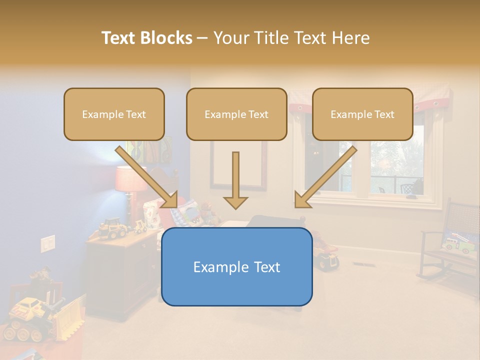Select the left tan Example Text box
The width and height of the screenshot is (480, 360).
[x=114, y=114]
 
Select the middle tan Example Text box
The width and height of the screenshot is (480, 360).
[x=236, y=114]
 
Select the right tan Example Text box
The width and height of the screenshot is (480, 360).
[x=362, y=114]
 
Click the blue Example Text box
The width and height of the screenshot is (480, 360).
[x=236, y=266]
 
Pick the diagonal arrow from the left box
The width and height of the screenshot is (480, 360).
[x=147, y=177]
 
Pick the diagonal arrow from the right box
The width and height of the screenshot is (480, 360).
[x=325, y=177]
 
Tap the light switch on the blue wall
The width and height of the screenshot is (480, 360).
[x=47, y=243]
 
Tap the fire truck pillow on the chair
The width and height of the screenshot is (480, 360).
[x=457, y=242]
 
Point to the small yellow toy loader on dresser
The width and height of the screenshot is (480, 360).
[x=112, y=227]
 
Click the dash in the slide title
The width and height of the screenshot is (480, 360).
[x=202, y=38]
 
